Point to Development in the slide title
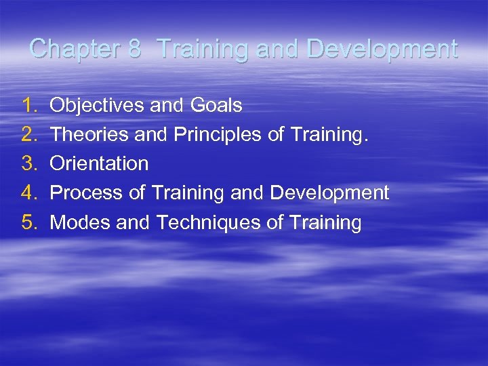pos(382,49)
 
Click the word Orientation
pos(100,163)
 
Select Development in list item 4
pos(329,192)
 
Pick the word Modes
pos(81,222)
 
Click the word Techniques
pos(209,222)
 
